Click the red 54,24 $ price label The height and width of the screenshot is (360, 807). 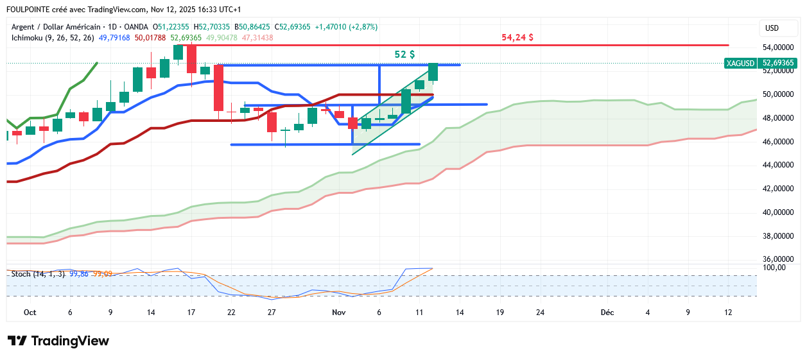pyautogui.click(x=517, y=38)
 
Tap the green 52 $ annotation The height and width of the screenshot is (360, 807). pyautogui.click(x=404, y=55)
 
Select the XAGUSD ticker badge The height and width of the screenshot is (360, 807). pyautogui.click(x=740, y=63)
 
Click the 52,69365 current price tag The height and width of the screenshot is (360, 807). pyautogui.click(x=777, y=63)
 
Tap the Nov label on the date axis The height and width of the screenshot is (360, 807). pyautogui.click(x=339, y=313)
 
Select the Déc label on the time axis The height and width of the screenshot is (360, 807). pyautogui.click(x=607, y=313)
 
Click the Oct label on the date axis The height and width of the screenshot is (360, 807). pyautogui.click(x=30, y=313)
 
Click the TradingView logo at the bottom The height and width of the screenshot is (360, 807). pyautogui.click(x=58, y=341)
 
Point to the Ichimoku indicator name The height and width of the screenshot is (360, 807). pyautogui.click(x=30, y=38)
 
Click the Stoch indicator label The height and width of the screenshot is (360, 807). pyautogui.click(x=21, y=274)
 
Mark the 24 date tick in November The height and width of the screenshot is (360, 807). pyautogui.click(x=541, y=313)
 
